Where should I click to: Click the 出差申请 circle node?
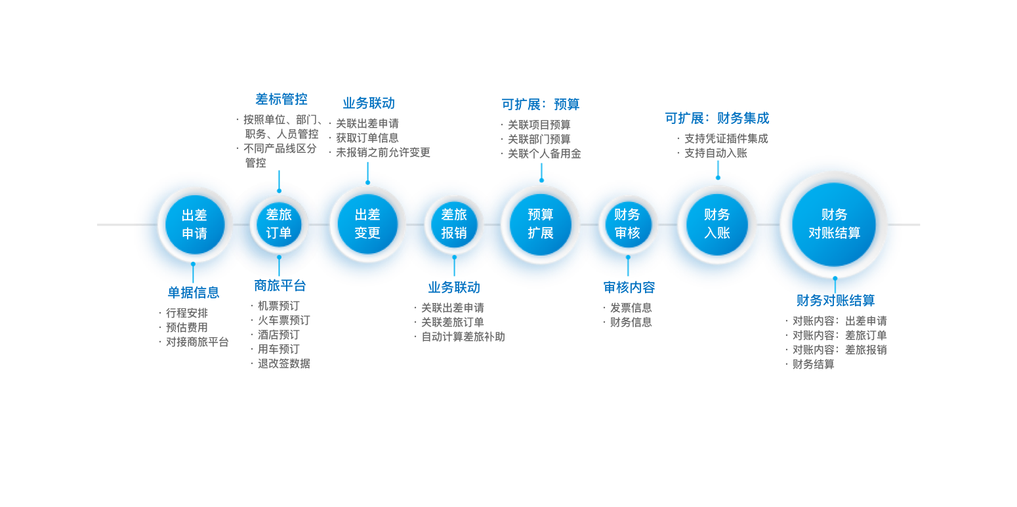click(194, 224)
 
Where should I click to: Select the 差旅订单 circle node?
click(279, 224)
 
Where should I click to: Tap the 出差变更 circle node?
click(367, 224)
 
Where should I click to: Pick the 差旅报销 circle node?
click(454, 224)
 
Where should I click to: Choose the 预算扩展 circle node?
click(541, 224)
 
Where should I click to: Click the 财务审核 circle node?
click(627, 224)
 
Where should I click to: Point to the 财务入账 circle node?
click(717, 224)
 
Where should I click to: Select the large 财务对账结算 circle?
click(834, 224)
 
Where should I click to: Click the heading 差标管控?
click(281, 100)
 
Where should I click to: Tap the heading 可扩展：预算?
click(541, 104)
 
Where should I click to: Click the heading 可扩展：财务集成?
click(717, 119)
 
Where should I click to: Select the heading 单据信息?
click(194, 293)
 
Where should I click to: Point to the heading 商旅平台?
click(280, 286)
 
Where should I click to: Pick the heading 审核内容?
click(629, 287)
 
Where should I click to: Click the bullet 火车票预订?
click(283, 321)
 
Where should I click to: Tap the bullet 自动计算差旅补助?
click(463, 337)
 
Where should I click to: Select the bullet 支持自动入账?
click(716, 153)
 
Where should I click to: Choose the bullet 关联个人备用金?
click(544, 154)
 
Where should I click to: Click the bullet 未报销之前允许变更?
click(383, 153)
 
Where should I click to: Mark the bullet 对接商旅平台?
click(197, 342)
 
